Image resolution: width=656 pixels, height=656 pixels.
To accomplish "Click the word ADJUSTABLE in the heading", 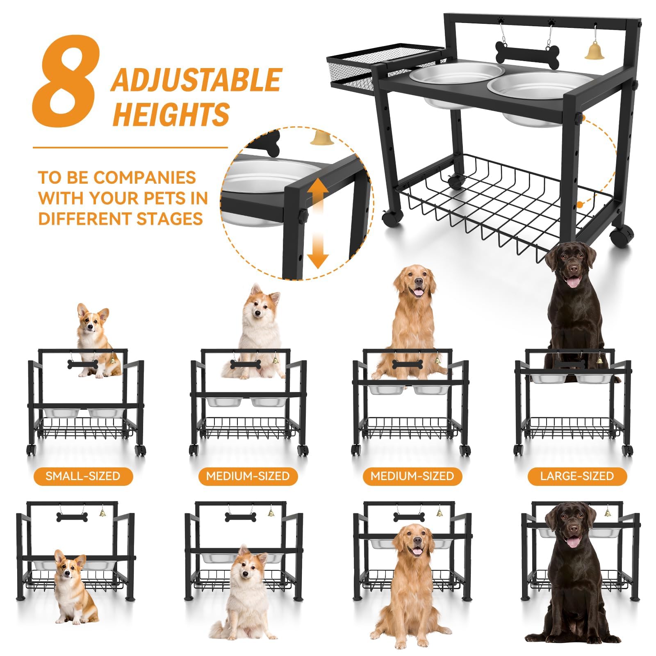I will tap(196, 80).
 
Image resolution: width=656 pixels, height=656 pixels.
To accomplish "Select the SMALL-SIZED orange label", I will tap(83, 476).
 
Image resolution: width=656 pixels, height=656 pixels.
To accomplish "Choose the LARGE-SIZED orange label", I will tap(577, 476).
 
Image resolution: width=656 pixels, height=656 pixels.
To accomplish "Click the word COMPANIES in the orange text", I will tap(144, 178).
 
